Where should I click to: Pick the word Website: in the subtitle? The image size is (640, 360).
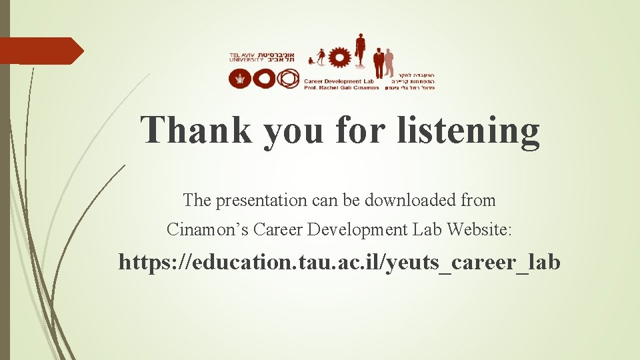479,230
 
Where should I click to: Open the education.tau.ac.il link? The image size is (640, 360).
339,263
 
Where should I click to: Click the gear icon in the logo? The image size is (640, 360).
340,57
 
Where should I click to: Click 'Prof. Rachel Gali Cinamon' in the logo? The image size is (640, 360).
341,87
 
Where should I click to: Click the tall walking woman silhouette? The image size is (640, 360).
360,49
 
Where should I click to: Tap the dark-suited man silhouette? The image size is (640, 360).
379,63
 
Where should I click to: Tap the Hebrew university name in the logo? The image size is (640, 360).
282,57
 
